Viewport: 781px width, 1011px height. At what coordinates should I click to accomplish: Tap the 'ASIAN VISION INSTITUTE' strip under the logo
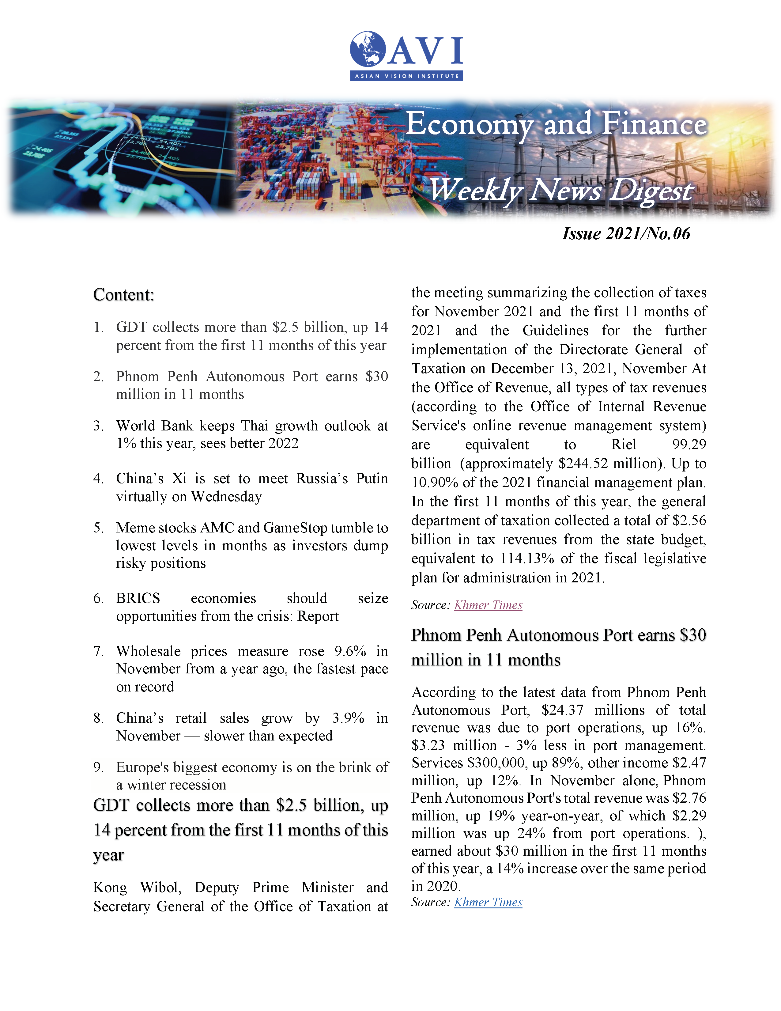tap(406, 76)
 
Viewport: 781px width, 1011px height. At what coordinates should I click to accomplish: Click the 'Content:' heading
tap(123, 295)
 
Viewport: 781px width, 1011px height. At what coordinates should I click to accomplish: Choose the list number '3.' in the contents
tap(98, 426)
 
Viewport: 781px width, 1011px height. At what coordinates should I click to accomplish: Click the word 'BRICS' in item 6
tap(138, 598)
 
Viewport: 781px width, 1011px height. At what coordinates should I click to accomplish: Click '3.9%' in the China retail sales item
tap(348, 718)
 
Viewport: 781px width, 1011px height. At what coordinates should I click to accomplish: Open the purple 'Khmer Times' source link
tap(488, 605)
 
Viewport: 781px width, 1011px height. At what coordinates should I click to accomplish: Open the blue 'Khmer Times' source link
tap(488, 902)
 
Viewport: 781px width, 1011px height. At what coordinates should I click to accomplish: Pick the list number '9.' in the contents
tap(98, 767)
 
